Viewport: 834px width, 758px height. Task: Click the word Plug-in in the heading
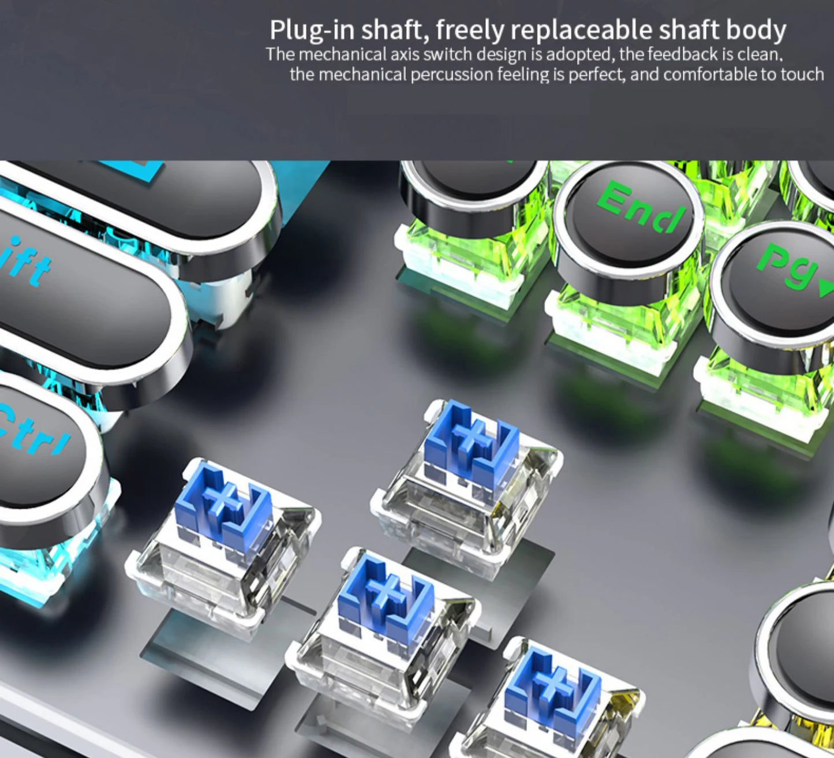coord(312,31)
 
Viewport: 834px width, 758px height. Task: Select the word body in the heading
coord(756,30)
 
